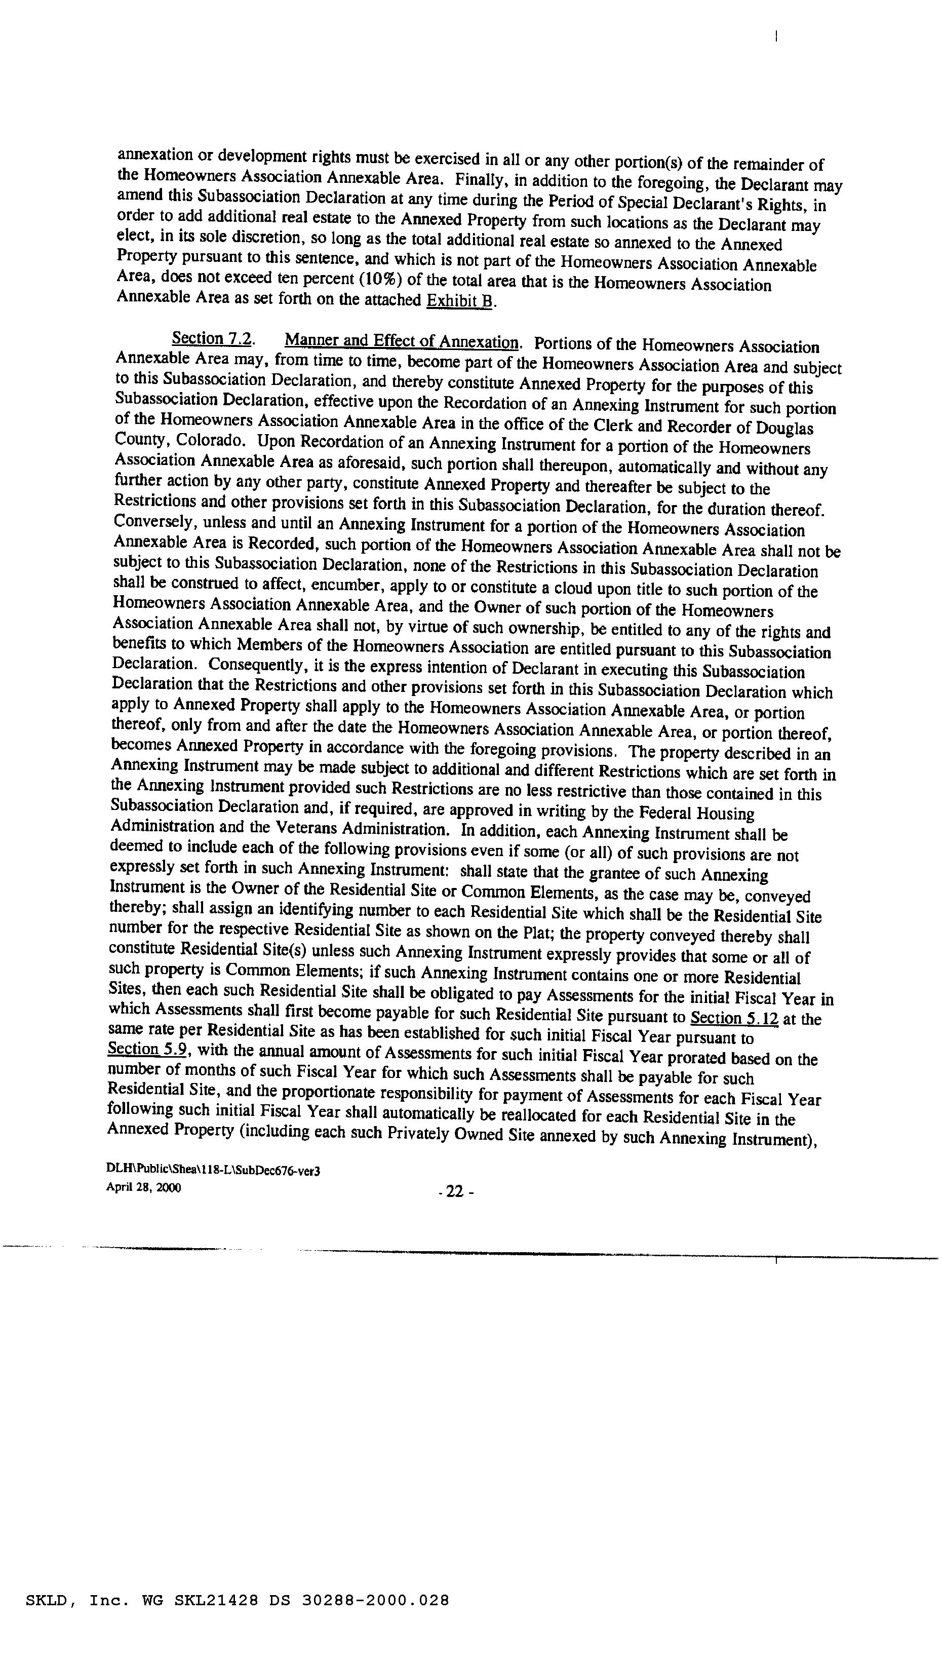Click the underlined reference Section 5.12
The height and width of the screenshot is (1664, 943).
[734, 1018]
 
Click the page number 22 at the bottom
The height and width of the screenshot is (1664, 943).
[455, 1192]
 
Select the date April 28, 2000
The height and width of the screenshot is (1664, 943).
[143, 1187]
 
